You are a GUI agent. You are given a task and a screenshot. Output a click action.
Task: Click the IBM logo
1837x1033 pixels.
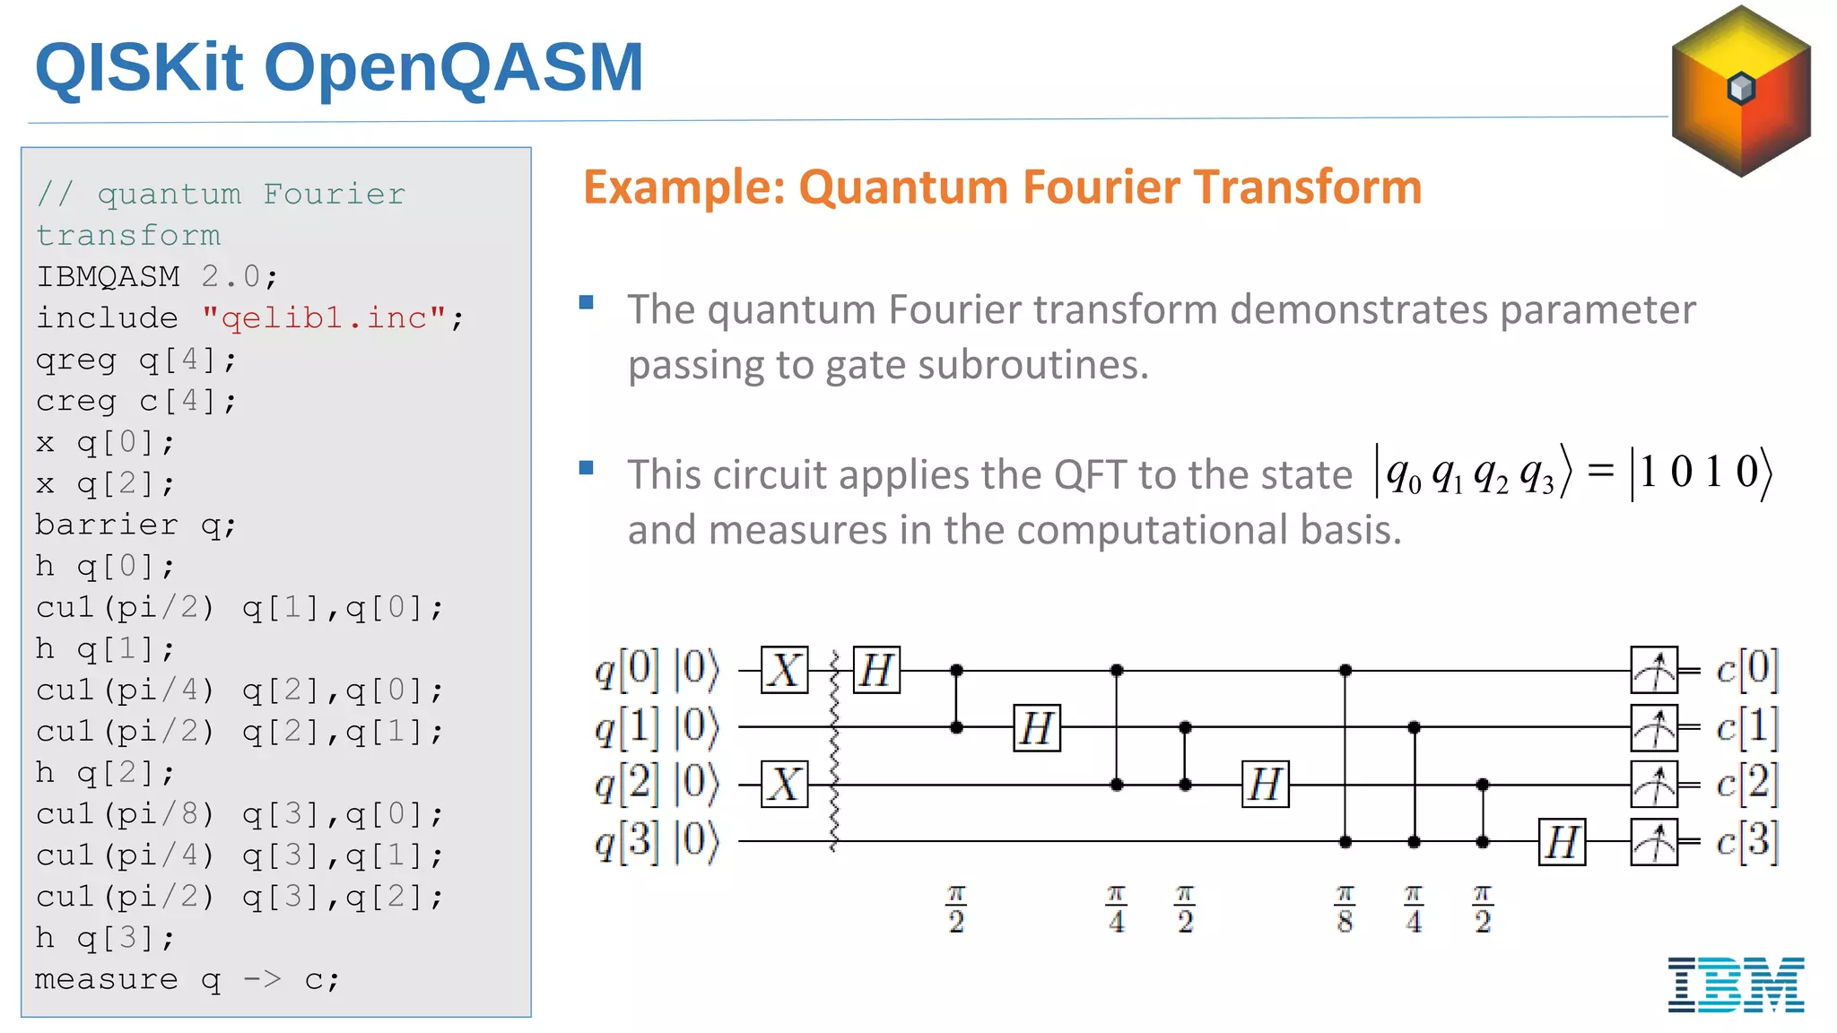(1736, 984)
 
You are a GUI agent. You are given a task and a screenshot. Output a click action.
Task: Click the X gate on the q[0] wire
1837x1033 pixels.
(785, 670)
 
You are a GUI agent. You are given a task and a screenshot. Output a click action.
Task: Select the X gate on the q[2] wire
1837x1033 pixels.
(785, 785)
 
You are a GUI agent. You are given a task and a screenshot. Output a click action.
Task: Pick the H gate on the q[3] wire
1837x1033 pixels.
(1562, 842)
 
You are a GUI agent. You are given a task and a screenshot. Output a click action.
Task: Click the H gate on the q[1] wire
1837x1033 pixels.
(1037, 727)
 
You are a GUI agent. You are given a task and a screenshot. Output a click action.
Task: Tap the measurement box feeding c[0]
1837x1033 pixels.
(1654, 670)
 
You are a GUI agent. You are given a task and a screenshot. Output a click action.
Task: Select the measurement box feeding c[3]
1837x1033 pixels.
(1654, 842)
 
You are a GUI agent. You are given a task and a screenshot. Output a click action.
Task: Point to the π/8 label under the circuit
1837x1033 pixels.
(1345, 909)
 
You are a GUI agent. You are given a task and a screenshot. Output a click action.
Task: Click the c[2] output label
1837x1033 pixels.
(1746, 784)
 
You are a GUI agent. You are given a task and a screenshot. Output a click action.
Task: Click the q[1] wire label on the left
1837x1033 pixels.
(627, 727)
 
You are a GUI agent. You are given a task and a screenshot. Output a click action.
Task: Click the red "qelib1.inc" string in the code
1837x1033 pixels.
(324, 317)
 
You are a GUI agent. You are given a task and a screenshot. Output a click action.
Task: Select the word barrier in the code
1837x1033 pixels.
(107, 525)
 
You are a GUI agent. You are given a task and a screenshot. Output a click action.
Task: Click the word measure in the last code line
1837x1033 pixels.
(106, 979)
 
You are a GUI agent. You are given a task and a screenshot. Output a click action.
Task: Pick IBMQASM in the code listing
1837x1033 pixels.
(108, 276)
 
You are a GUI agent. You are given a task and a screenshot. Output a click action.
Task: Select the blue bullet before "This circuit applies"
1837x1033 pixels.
(587, 467)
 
